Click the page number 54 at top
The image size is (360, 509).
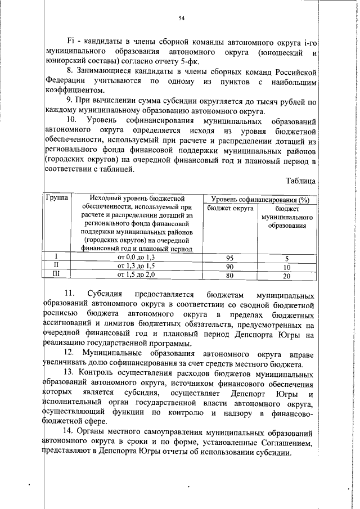coord(182,19)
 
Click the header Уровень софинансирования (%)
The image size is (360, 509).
coord(260,214)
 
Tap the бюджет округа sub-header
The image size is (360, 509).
coord(229,223)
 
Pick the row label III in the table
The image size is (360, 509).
coord(56,275)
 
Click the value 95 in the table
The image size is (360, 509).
coord(229,258)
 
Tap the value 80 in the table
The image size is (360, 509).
coord(229,276)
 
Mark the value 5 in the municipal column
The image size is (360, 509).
coord(287,258)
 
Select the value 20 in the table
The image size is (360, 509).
coord(287,276)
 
